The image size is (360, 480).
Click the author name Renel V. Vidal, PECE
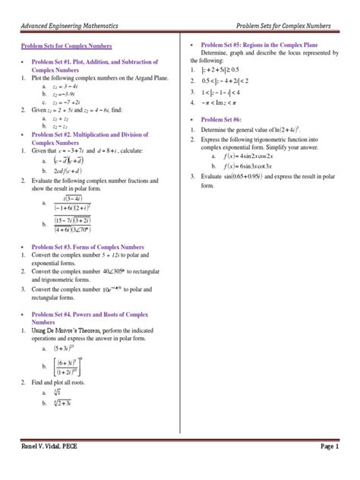[x=48, y=448]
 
